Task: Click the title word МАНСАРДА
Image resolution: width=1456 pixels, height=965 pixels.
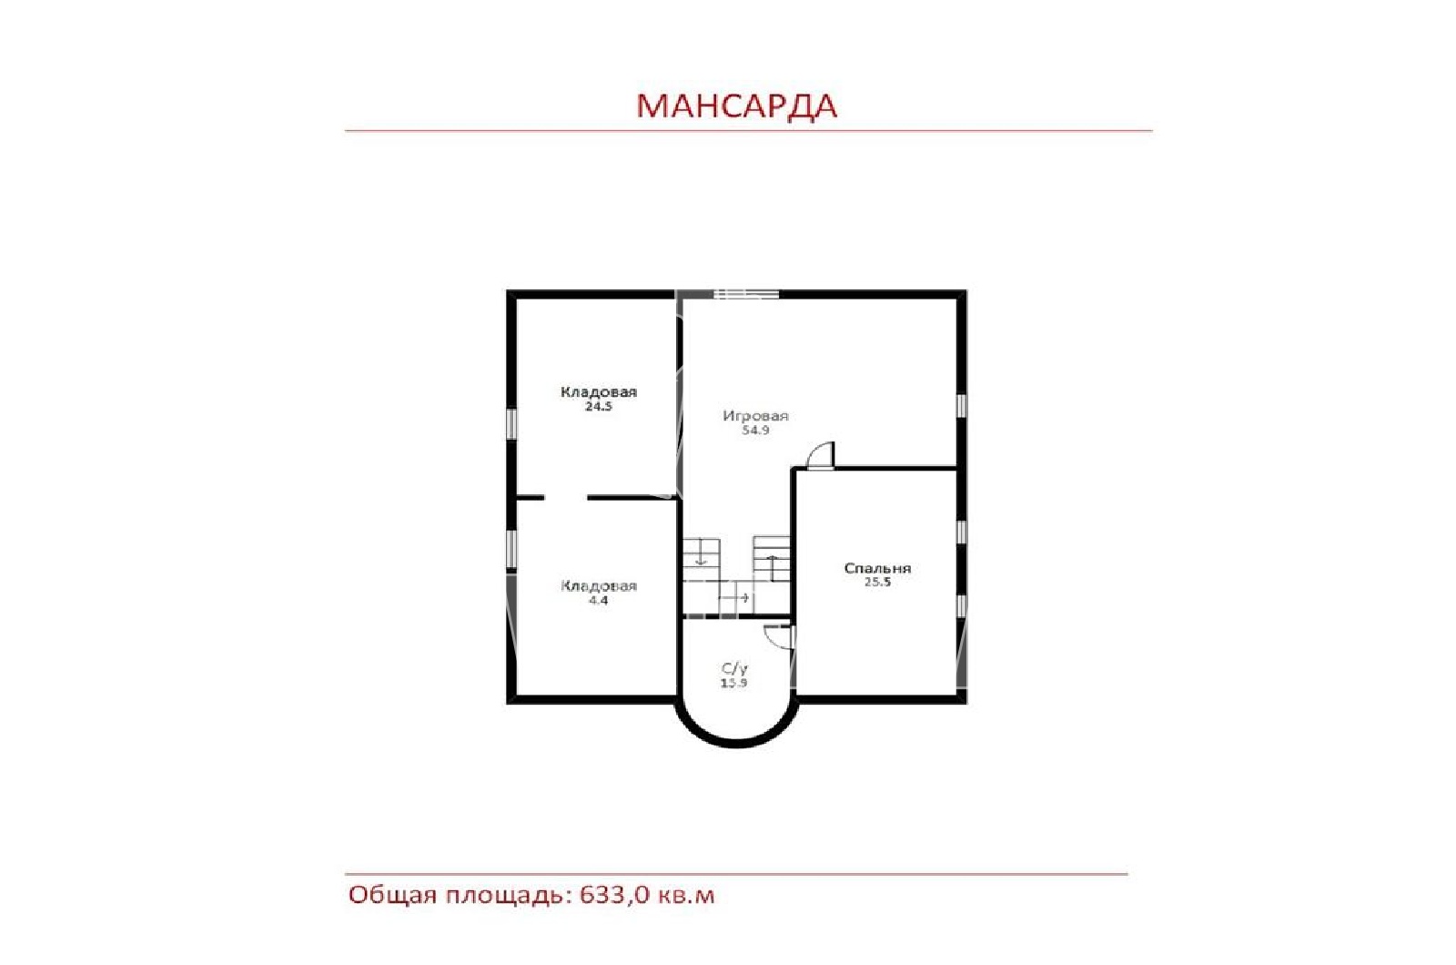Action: pos(736,106)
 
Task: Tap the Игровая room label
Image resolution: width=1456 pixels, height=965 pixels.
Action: pos(755,415)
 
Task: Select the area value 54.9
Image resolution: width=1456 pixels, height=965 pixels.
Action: pos(755,430)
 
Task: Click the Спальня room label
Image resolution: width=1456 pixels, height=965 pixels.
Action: pos(877,568)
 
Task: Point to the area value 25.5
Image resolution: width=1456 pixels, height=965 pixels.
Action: pos(877,582)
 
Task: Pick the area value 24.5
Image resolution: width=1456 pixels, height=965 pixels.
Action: pos(598,406)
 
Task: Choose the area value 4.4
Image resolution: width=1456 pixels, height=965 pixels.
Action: pos(598,601)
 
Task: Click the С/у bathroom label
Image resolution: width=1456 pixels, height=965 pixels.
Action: pos(734,668)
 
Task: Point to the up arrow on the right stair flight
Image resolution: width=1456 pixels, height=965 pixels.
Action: pos(772,568)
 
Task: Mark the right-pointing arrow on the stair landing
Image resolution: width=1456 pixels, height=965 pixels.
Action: pos(733,597)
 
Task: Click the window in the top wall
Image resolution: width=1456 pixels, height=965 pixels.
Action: pos(746,294)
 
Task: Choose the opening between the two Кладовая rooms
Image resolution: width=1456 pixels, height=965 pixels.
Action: pos(565,497)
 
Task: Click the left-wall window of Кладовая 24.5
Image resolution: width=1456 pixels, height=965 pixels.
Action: pos(511,423)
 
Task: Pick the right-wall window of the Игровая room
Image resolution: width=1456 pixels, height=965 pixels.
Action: pos(961,406)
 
